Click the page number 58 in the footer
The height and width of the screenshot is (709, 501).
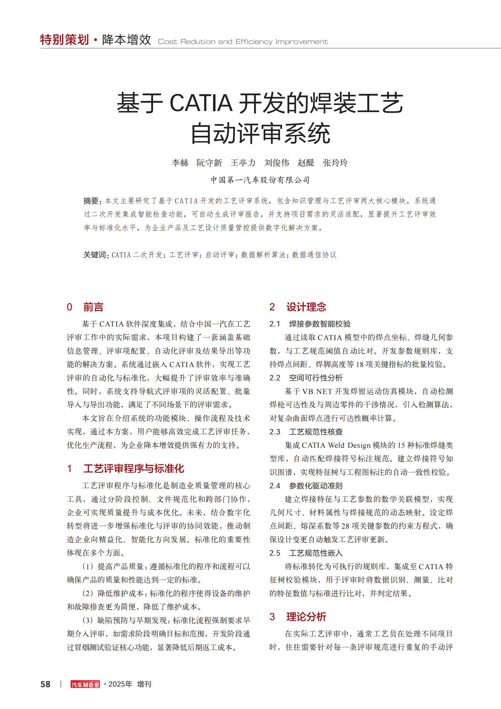tap(45, 684)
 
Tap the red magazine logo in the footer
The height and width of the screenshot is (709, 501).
tap(85, 684)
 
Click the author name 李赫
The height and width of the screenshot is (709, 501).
tap(180, 163)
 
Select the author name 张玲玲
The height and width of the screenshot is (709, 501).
tap(335, 163)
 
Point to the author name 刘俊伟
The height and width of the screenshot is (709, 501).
tap(277, 163)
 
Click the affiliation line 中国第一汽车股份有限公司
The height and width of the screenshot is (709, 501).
tap(260, 180)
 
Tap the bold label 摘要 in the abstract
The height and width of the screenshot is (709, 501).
tap(91, 201)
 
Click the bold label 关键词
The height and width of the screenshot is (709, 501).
tap(95, 255)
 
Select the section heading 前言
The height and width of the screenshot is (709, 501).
tap(93, 307)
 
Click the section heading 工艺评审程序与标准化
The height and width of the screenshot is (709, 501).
tap(134, 469)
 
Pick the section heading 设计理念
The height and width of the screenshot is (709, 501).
tap(306, 307)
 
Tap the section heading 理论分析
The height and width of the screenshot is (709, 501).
tap(306, 617)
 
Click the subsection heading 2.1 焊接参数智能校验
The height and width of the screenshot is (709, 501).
tap(310, 324)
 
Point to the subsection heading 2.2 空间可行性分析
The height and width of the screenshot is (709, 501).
tap(306, 378)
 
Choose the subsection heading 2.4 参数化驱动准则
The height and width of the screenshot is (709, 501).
tap(306, 486)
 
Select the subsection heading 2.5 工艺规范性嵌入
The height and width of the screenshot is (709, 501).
tap(306, 553)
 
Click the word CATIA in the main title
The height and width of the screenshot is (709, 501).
tap(201, 103)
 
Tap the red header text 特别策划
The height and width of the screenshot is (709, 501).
tap(65, 40)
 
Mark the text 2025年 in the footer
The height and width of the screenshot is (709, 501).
tap(120, 684)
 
